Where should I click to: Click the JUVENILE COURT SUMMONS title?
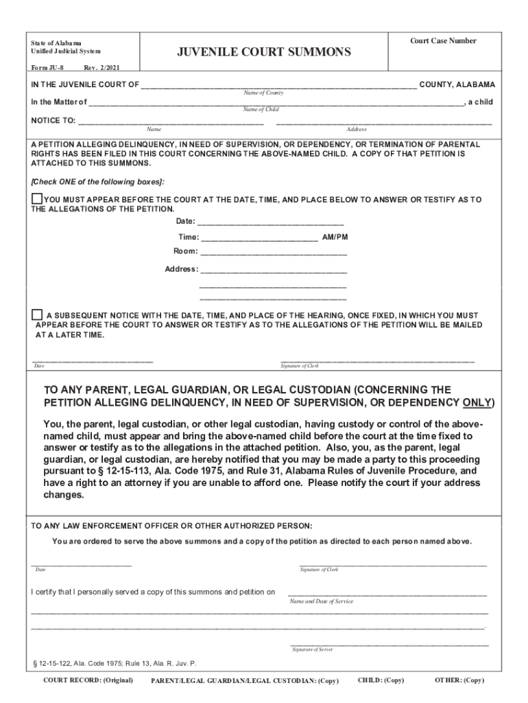click(x=264, y=52)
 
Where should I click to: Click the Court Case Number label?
click(x=443, y=41)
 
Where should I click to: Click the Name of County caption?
click(x=264, y=93)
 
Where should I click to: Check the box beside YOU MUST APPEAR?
click(x=37, y=199)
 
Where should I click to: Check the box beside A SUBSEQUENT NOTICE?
click(x=37, y=314)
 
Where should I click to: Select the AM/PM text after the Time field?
click(x=335, y=237)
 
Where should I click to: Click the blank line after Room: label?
click(x=274, y=253)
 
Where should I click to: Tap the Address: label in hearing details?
click(x=181, y=269)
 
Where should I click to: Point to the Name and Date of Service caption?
click(x=322, y=601)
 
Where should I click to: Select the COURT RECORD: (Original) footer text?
click(x=88, y=680)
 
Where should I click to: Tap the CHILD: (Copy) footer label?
click(x=381, y=680)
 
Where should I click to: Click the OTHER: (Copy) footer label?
click(x=459, y=680)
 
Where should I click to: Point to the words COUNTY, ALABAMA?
click(x=457, y=84)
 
